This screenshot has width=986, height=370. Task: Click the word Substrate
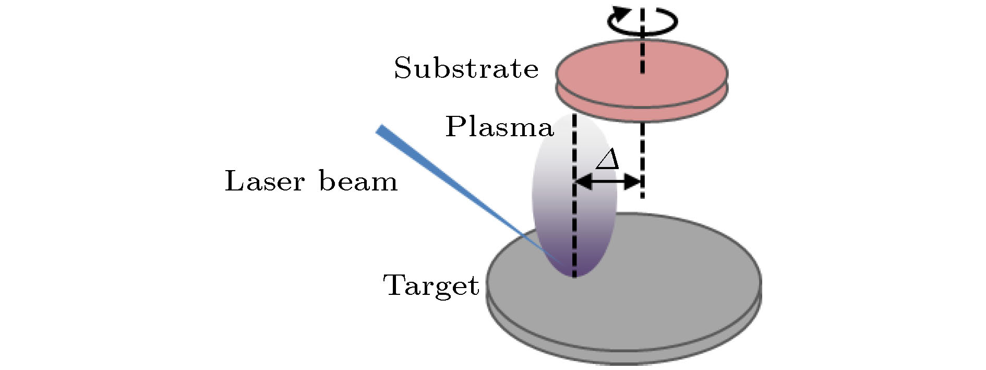(x=466, y=68)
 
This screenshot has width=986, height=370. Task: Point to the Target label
(x=431, y=286)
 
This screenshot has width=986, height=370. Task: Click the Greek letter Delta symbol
(x=607, y=159)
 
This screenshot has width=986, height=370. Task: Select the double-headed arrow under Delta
(x=608, y=182)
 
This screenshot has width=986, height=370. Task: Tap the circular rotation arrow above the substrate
(x=642, y=21)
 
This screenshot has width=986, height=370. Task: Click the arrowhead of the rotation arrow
(x=619, y=12)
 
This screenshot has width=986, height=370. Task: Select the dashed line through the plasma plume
(x=574, y=209)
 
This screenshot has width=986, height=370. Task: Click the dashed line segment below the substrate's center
(x=642, y=157)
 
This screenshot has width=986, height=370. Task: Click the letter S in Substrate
(x=403, y=68)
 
